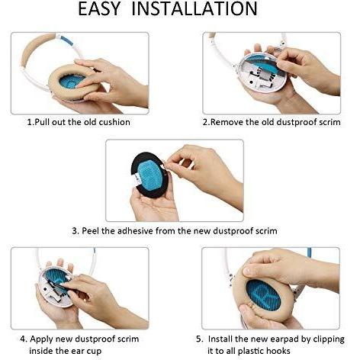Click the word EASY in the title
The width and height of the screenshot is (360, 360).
[x=98, y=9]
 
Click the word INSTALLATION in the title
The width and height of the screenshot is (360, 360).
[x=194, y=9]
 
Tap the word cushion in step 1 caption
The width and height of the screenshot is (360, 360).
[x=114, y=122]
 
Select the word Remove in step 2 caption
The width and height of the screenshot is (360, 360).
[x=227, y=122]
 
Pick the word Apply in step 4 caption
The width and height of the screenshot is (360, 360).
[x=41, y=339]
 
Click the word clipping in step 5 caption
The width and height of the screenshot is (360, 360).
[x=329, y=339]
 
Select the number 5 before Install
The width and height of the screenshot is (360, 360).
[x=199, y=339]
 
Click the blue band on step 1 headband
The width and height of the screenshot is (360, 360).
[x=67, y=40]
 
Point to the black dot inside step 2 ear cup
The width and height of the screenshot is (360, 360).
[x=252, y=82]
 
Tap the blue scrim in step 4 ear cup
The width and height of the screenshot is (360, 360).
[x=56, y=277]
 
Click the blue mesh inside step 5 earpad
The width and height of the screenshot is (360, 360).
[x=263, y=295]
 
